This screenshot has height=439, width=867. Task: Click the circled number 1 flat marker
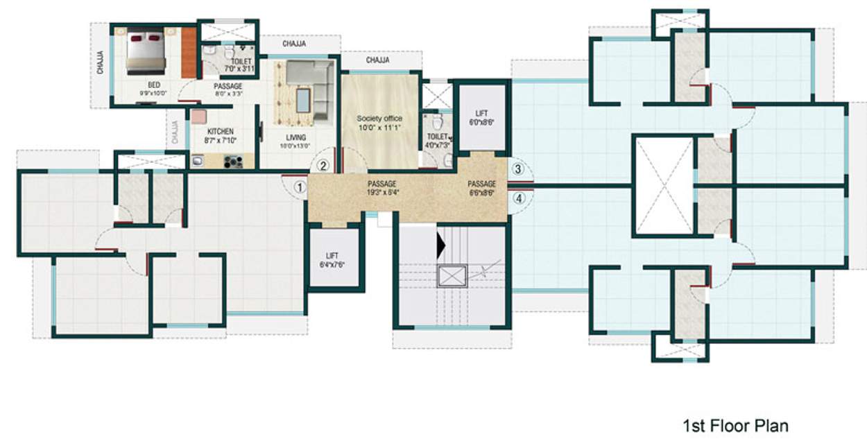[299, 187]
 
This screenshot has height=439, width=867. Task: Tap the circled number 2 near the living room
[323, 166]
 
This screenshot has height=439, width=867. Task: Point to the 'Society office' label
[379, 119]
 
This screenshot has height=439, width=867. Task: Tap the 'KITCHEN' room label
[221, 131]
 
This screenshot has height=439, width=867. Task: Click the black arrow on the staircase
[440, 244]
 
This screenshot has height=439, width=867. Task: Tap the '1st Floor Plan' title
[736, 425]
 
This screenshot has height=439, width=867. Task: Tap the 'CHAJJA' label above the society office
[377, 60]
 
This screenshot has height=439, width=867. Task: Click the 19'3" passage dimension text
[382, 193]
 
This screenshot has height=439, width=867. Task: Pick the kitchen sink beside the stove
[198, 162]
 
